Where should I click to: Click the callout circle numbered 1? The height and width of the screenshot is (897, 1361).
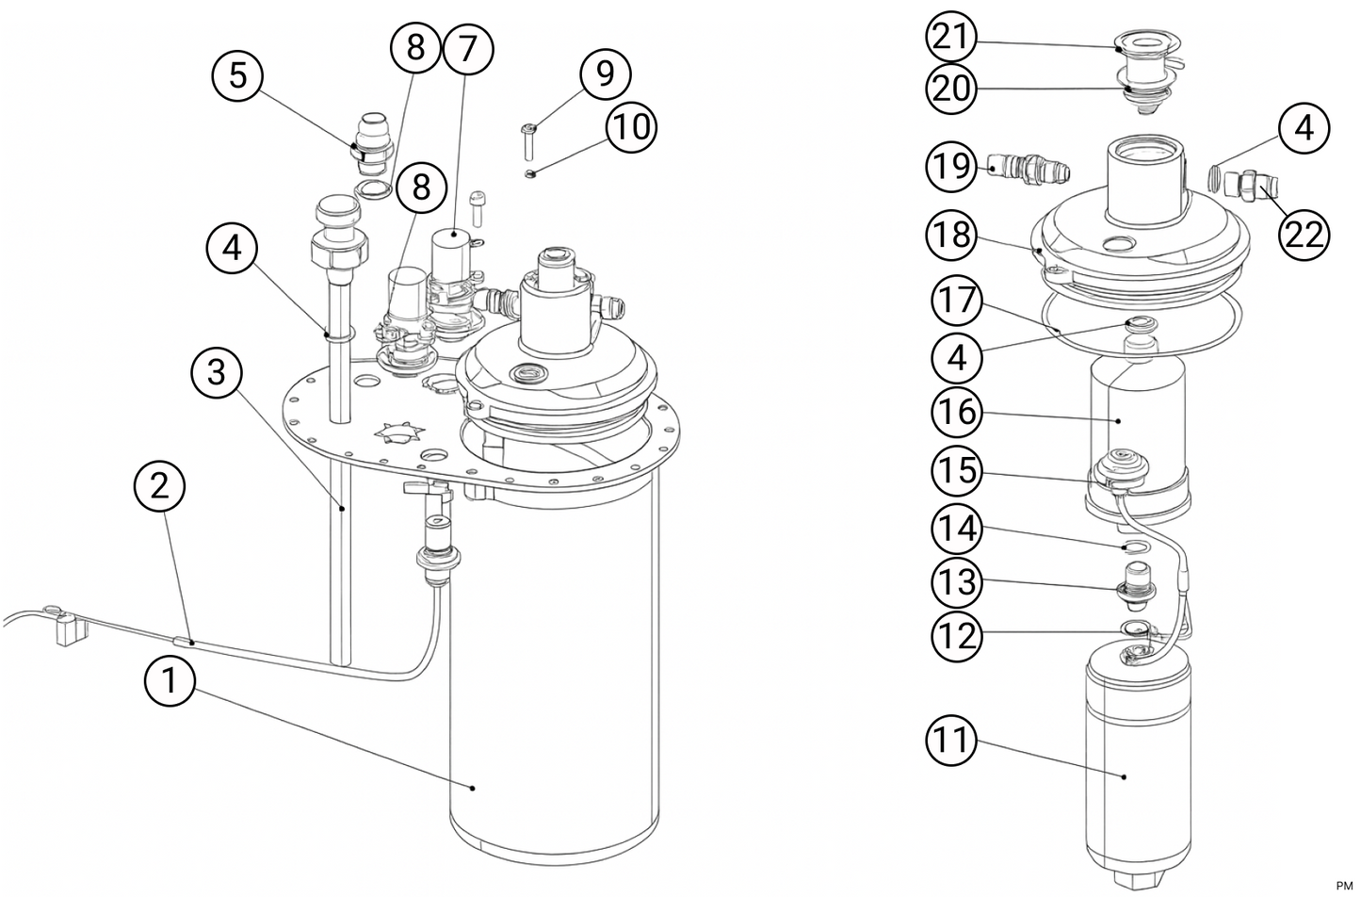pos(170,680)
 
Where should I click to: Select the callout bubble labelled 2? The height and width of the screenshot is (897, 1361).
pos(160,485)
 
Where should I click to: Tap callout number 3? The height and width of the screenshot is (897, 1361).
pos(217,372)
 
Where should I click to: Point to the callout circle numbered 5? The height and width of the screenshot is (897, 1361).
pos(237,74)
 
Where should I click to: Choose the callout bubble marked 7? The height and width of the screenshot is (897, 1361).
pos(467,49)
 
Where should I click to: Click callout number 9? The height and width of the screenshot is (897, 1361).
pos(605,73)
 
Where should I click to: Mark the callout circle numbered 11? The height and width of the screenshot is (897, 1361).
pos(952,740)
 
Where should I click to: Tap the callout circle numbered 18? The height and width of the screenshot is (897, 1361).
pos(953,234)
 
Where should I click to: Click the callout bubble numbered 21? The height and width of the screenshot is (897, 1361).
pos(950,37)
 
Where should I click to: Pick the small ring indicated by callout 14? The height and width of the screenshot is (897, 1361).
pos(1135,546)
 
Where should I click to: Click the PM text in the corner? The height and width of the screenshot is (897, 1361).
pos(1342,884)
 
